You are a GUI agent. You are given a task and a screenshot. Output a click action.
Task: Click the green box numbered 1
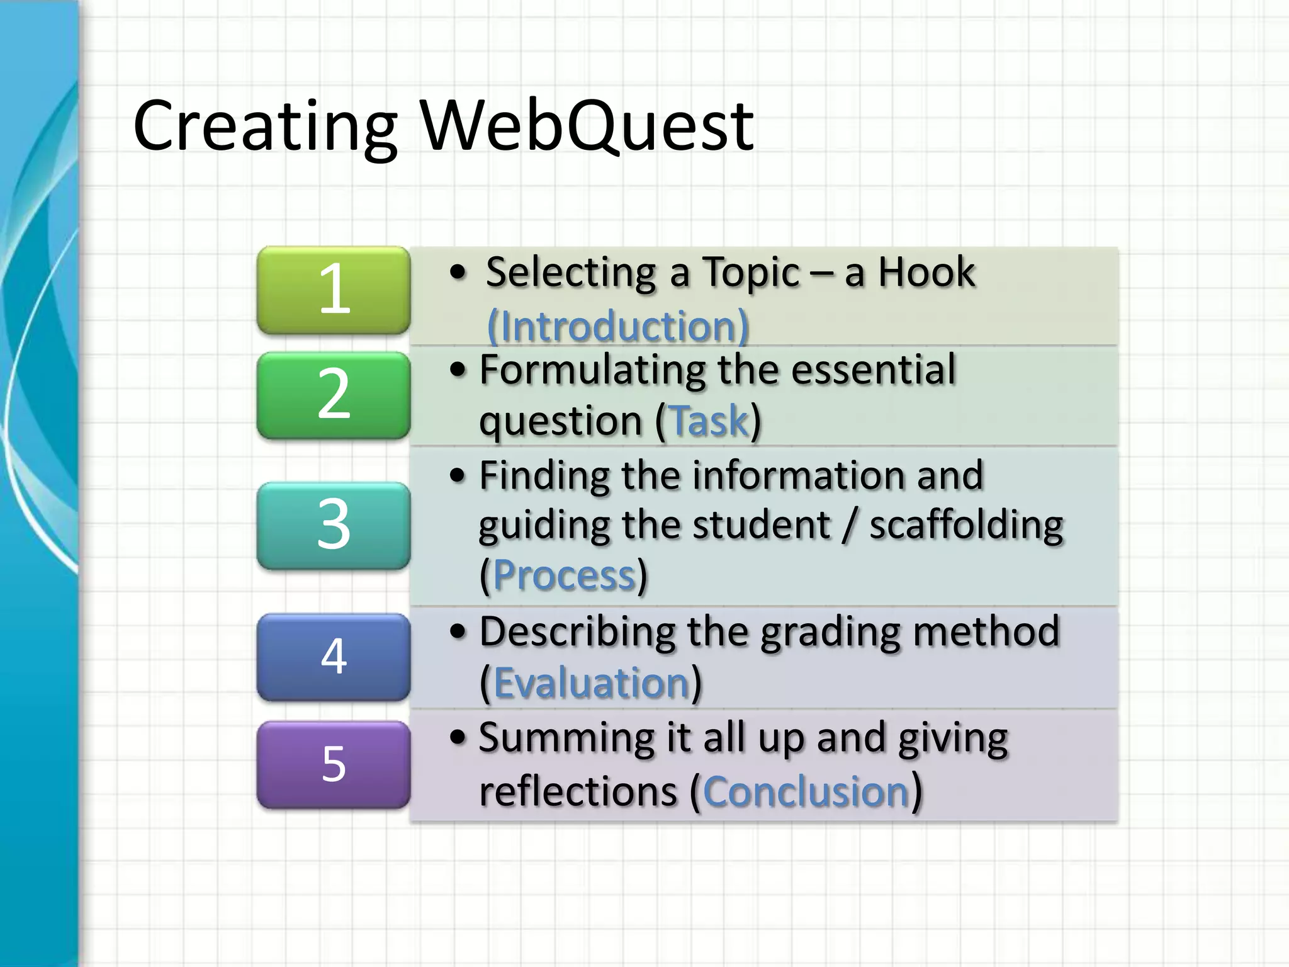334,290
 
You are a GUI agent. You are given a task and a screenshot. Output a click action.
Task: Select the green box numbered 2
334,395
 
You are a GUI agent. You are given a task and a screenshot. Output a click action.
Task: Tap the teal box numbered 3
334,526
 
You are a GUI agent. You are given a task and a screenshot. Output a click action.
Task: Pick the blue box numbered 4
334,657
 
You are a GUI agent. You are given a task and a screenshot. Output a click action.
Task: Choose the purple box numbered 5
334,764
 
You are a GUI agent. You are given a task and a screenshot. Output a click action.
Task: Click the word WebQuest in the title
587,126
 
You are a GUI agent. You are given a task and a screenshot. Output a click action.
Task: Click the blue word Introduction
618,327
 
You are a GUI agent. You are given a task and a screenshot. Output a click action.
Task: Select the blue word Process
564,575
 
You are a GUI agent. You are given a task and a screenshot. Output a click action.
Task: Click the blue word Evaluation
592,683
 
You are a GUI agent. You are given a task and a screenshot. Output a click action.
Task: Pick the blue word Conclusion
806,791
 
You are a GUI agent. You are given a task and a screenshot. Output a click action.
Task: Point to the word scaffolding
966,526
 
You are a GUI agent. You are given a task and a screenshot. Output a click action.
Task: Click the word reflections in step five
578,791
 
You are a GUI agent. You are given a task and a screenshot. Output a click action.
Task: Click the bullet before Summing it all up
458,737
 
